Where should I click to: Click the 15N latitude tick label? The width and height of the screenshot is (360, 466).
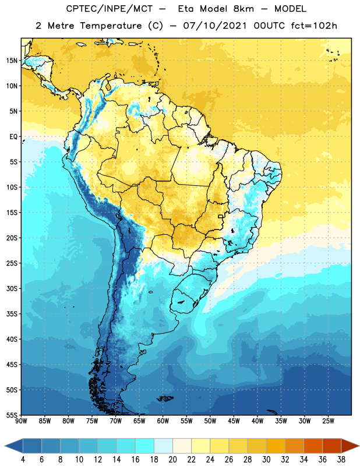tap(12, 61)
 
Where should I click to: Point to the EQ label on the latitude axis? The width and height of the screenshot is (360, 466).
tap(13, 137)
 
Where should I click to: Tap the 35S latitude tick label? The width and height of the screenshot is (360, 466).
tap(12, 314)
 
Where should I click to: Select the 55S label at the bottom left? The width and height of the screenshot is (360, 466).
tap(12, 415)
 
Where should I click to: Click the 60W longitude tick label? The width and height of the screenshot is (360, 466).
tap(163, 421)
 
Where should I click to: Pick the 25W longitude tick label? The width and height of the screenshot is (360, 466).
tap(328, 421)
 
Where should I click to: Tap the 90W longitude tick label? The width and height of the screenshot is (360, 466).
tap(21, 421)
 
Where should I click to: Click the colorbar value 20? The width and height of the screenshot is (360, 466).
tap(172, 460)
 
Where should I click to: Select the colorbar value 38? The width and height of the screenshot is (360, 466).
tap(341, 460)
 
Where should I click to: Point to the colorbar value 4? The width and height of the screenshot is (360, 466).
tap(23, 460)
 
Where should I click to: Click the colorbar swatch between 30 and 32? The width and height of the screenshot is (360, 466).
tap(276, 446)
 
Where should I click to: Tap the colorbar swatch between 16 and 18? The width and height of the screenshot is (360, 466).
tap(145, 446)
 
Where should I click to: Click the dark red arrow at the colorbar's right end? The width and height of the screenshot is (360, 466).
tap(350, 446)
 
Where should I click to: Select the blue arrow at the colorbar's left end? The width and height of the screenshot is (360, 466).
tap(14, 446)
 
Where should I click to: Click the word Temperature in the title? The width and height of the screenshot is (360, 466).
tap(111, 26)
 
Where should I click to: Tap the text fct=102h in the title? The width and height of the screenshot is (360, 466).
tap(314, 26)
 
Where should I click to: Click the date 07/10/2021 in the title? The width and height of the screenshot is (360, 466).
tap(214, 26)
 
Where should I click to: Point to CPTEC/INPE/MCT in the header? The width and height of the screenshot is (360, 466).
tap(110, 9)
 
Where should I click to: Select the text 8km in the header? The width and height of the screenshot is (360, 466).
tap(243, 9)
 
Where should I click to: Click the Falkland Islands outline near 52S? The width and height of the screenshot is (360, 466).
tap(165, 398)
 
